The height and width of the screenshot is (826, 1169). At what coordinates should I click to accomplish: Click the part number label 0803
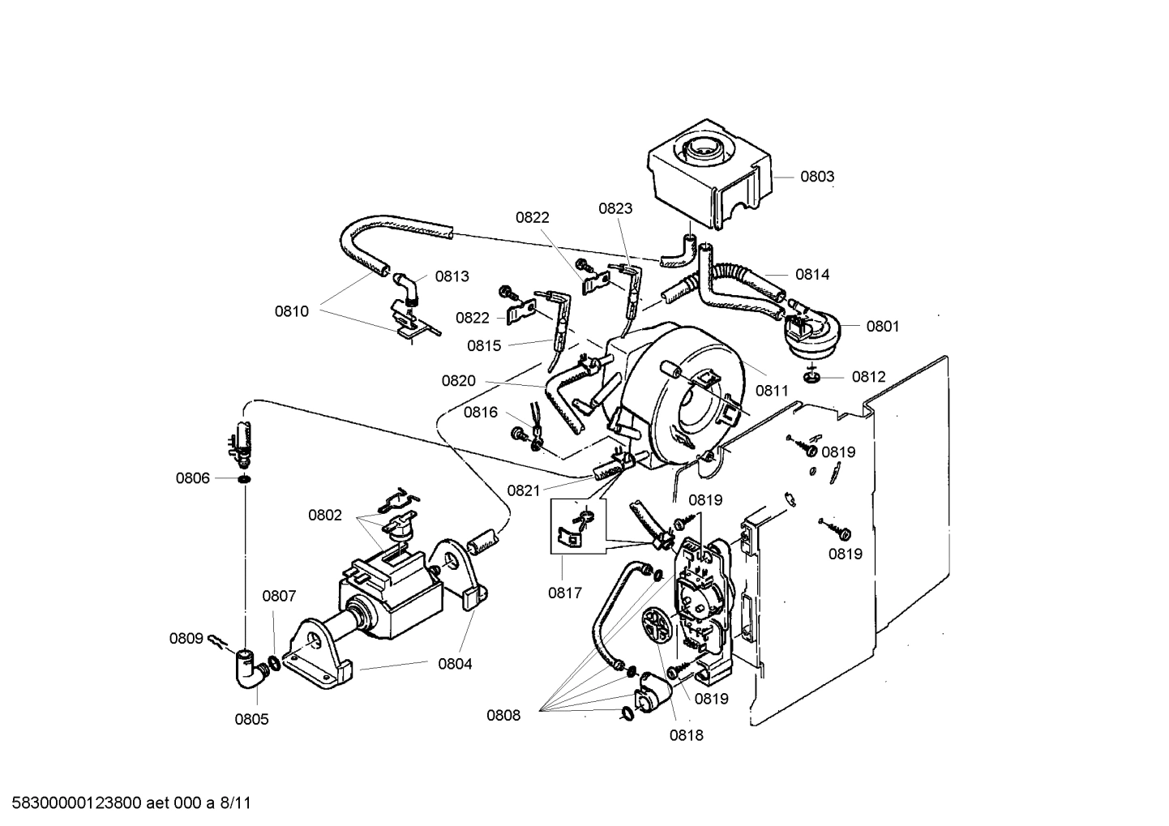click(817, 177)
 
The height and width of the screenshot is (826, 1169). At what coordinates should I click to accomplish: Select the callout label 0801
click(883, 327)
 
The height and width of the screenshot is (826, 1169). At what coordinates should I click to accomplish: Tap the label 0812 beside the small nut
click(868, 377)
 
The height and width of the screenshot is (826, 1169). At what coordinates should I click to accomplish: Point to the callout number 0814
click(812, 275)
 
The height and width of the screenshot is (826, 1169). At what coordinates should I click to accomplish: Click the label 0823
click(615, 208)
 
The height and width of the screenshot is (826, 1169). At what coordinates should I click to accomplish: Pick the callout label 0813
click(452, 276)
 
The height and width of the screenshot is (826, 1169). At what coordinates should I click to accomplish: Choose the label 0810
click(291, 311)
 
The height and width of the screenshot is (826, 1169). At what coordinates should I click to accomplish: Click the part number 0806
click(193, 478)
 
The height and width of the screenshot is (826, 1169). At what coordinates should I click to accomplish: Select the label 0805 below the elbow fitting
click(251, 719)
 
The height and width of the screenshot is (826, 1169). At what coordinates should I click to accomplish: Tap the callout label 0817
click(565, 593)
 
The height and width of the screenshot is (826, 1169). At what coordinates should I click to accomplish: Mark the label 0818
click(686, 735)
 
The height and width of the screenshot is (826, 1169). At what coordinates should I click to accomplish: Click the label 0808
click(503, 715)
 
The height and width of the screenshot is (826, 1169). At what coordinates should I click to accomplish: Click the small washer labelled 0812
click(812, 377)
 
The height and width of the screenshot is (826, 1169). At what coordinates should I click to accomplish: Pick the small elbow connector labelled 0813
click(407, 285)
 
